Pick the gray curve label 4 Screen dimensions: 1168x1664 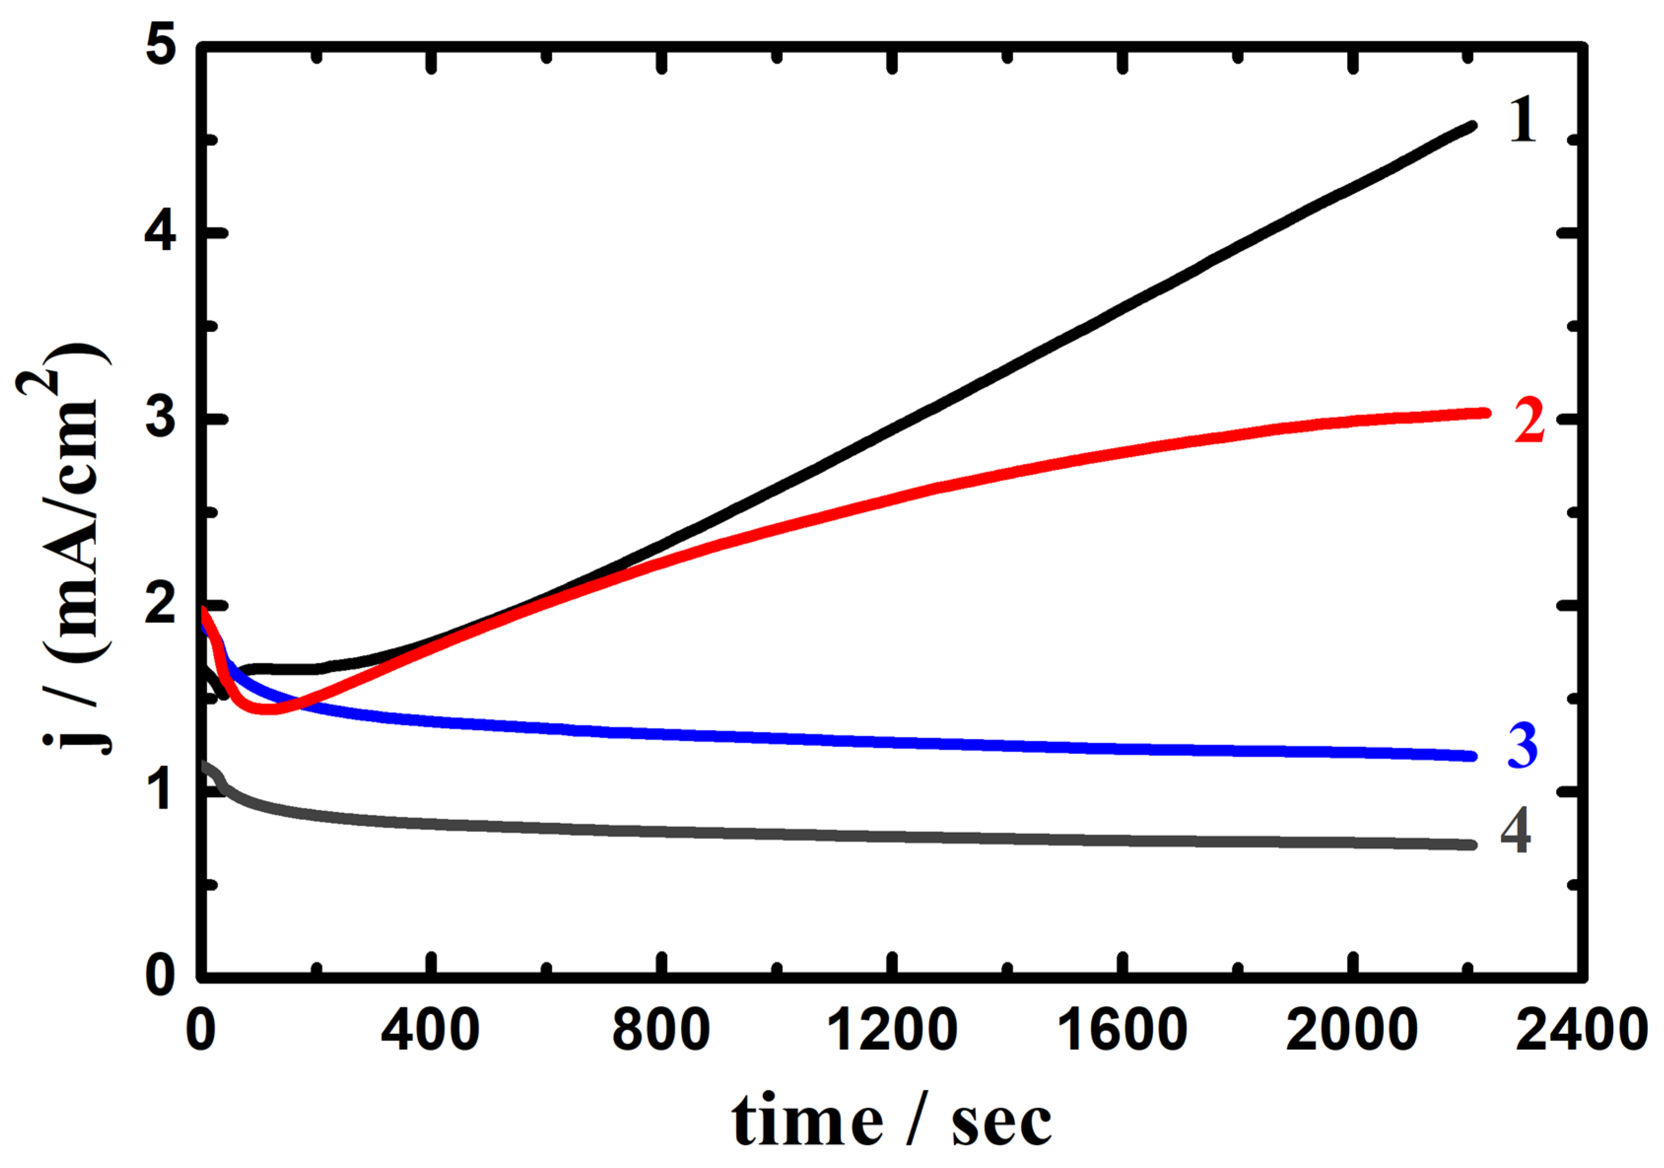coord(1515,831)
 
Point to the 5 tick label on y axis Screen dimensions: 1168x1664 coord(161,49)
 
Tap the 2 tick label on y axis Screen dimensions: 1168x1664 coord(161,605)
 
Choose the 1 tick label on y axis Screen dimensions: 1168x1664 coord(161,790)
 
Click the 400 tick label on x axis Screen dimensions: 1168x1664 coord(431,1030)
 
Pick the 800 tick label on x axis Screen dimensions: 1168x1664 coord(661,1030)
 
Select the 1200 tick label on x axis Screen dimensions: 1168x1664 coord(892,1030)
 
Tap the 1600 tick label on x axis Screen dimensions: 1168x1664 coord(1122,1030)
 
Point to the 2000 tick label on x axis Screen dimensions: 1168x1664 coord(1352,1030)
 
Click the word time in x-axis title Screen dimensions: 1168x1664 coord(807,1121)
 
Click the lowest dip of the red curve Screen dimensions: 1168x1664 coord(268,709)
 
